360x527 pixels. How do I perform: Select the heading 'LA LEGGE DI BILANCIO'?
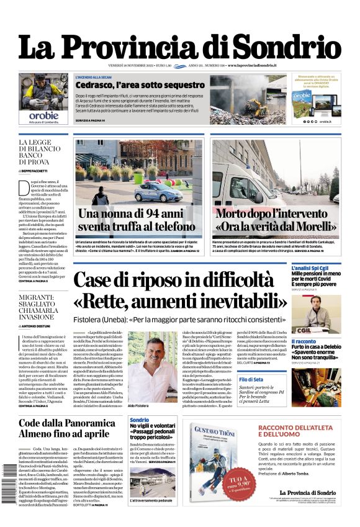click(x=43, y=146)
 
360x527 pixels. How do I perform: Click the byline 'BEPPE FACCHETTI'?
click(x=39, y=170)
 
